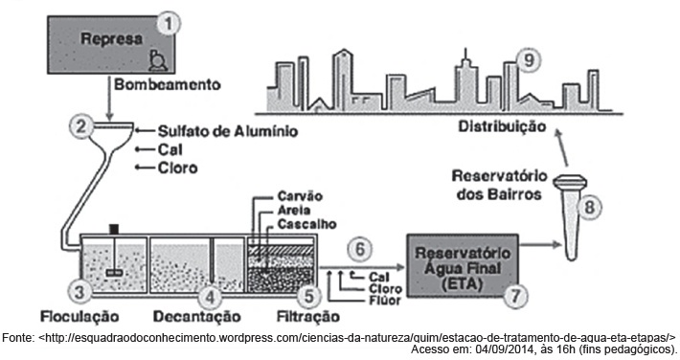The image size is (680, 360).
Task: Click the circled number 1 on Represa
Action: (x=168, y=23)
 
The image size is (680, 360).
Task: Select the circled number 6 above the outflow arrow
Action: (x=359, y=249)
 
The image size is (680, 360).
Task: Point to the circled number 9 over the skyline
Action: (x=529, y=60)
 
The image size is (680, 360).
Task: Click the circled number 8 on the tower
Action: (x=589, y=207)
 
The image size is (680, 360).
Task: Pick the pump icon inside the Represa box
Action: (x=157, y=60)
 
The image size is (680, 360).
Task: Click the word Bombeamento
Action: (x=167, y=84)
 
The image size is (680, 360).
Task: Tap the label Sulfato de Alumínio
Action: (x=228, y=131)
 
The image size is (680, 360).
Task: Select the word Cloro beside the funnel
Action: (x=177, y=168)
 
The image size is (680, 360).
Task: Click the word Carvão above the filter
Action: (x=300, y=196)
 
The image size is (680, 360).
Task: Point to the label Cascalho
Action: (x=306, y=224)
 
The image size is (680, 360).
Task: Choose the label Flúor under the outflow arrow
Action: (x=385, y=301)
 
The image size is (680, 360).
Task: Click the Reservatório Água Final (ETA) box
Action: (x=463, y=265)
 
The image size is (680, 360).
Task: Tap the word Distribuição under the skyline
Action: (x=502, y=126)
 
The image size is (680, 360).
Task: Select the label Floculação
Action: (x=79, y=316)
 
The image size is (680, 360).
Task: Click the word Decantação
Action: (x=197, y=316)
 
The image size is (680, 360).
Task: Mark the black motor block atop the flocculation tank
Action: (x=114, y=229)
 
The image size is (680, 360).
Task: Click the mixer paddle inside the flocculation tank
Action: (x=115, y=273)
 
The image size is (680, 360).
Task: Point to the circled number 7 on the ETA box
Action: (x=515, y=296)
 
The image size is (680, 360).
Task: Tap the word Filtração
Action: (x=307, y=316)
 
